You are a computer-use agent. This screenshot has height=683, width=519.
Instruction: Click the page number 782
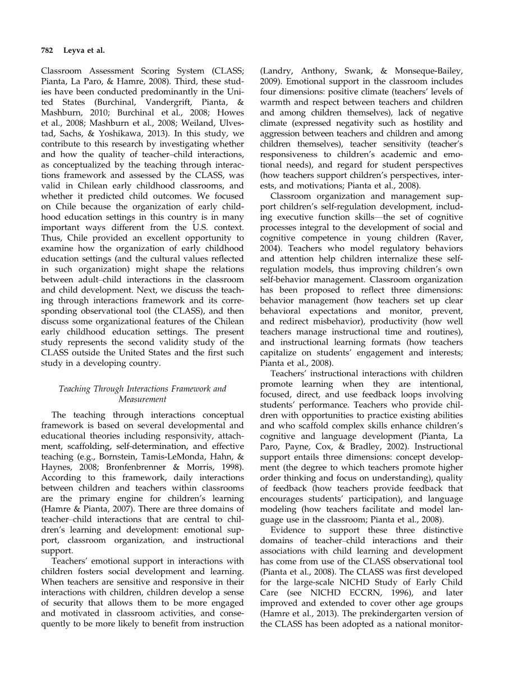[47, 51]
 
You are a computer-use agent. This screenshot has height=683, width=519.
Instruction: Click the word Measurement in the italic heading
[143, 399]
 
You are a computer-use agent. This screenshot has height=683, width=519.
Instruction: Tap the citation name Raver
[449, 237]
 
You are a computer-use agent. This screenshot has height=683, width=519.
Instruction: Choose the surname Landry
[277, 71]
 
